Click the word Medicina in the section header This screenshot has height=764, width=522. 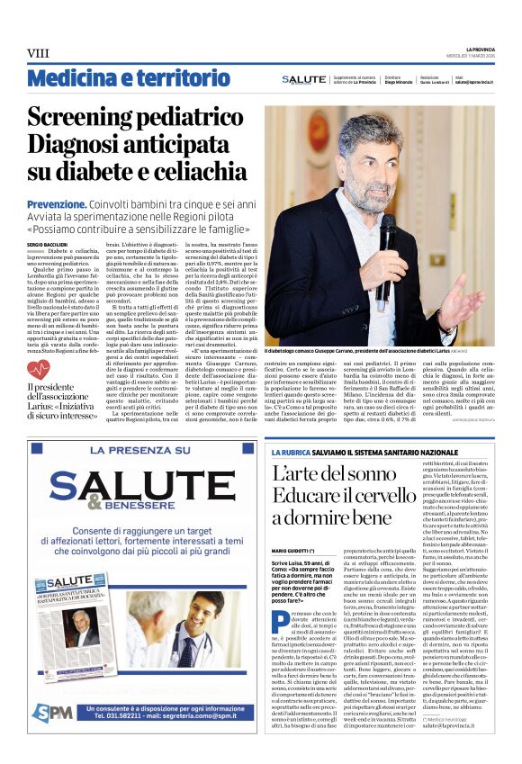[73, 78]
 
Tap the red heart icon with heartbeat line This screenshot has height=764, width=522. [39, 368]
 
